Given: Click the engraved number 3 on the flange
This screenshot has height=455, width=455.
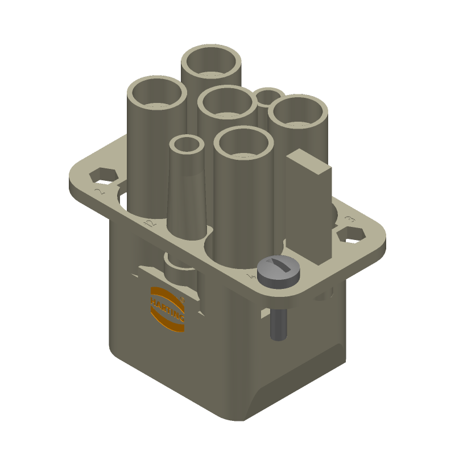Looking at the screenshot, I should point(350,218).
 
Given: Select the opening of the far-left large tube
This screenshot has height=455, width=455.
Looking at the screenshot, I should point(156,93).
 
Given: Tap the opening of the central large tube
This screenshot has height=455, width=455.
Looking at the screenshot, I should point(227,102).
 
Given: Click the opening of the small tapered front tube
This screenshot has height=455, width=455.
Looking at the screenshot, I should point(187,144).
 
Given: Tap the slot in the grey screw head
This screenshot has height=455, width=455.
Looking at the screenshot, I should point(278,264).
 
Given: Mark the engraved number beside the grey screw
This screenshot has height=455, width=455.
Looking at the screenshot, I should point(250,276).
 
